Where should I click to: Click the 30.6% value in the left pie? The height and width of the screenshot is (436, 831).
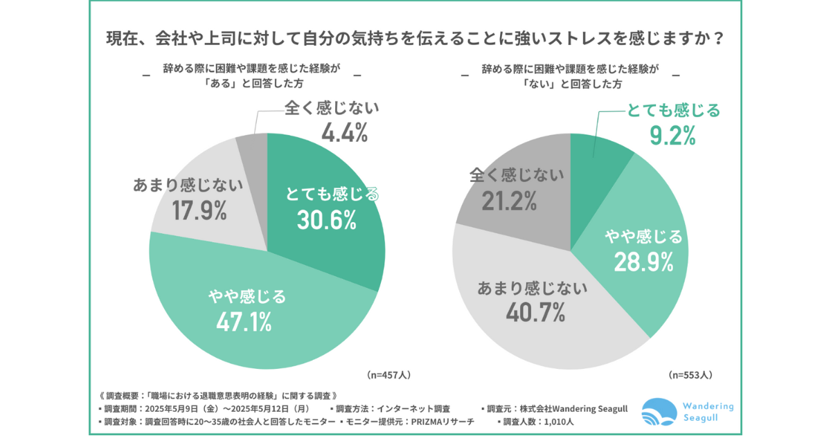326,220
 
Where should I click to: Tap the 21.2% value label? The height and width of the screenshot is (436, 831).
510,201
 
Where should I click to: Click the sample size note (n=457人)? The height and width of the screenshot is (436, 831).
388,374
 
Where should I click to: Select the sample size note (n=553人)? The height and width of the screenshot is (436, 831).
690,374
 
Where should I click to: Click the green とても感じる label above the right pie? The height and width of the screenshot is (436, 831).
673,109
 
